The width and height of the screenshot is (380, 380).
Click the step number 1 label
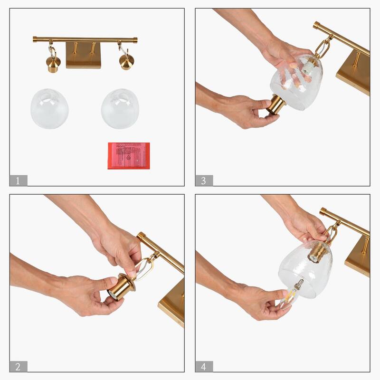(18, 180)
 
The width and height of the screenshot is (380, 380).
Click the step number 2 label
(18, 366)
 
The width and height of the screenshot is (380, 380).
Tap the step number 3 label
(204, 180)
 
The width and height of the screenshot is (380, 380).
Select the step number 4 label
(204, 366)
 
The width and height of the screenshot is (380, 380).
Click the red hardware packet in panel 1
(129, 155)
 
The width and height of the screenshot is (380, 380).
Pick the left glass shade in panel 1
(49, 108)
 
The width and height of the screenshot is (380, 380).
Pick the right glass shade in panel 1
(120, 108)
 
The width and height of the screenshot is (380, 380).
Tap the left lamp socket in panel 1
(53, 63)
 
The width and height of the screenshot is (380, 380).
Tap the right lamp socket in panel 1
(126, 62)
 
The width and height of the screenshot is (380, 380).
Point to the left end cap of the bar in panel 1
(35, 39)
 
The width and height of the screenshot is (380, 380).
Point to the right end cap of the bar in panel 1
(135, 40)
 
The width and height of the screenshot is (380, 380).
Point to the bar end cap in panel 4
(323, 211)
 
